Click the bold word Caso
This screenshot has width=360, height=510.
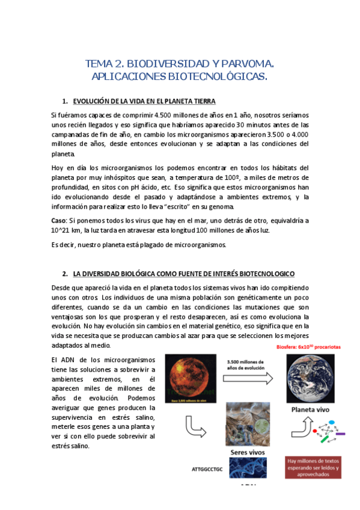(x=58, y=220)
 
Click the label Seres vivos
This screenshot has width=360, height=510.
(x=248, y=452)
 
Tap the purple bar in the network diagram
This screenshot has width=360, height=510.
(x=340, y=433)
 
